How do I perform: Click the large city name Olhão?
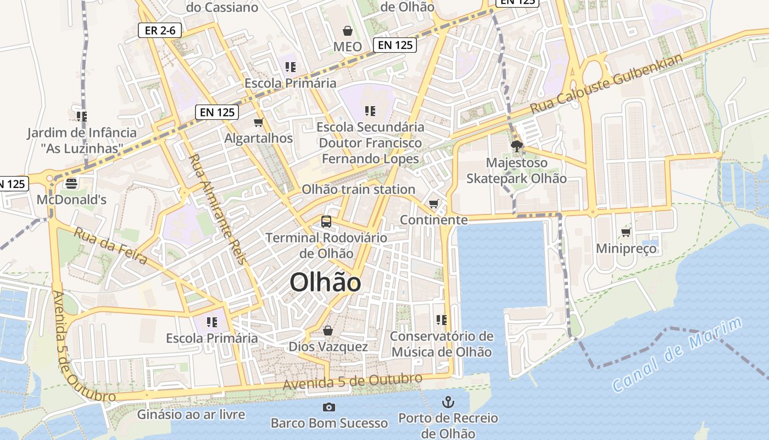[x=325, y=283]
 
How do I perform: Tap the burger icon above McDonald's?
[x=71, y=183]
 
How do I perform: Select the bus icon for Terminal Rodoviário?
[x=326, y=222]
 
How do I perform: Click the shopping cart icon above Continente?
[x=434, y=204]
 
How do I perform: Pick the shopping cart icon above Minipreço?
[x=626, y=233]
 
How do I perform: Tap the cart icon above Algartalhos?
[x=258, y=122]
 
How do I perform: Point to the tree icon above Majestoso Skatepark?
[x=516, y=146]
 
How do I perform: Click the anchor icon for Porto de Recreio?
[x=448, y=402]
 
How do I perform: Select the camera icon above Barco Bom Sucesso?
[x=329, y=407]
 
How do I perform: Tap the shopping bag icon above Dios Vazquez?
[x=328, y=331]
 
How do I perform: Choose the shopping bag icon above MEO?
[x=348, y=30]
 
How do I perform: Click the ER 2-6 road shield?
[x=160, y=31]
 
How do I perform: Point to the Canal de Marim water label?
[x=677, y=355]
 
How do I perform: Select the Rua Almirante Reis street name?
[x=216, y=208]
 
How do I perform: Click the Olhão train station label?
[x=358, y=189]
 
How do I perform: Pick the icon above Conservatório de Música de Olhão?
[x=441, y=320]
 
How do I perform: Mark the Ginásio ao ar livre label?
[x=191, y=414]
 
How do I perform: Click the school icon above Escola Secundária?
[x=370, y=111]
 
